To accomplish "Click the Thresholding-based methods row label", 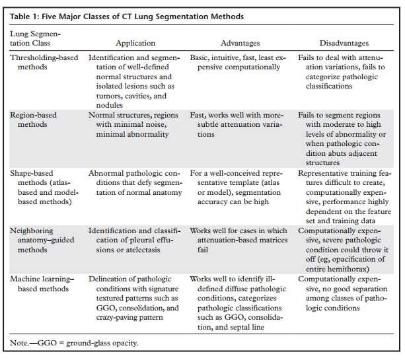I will click(42, 63).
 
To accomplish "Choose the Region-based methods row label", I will click(33, 120).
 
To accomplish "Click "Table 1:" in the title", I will click(28, 16).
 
